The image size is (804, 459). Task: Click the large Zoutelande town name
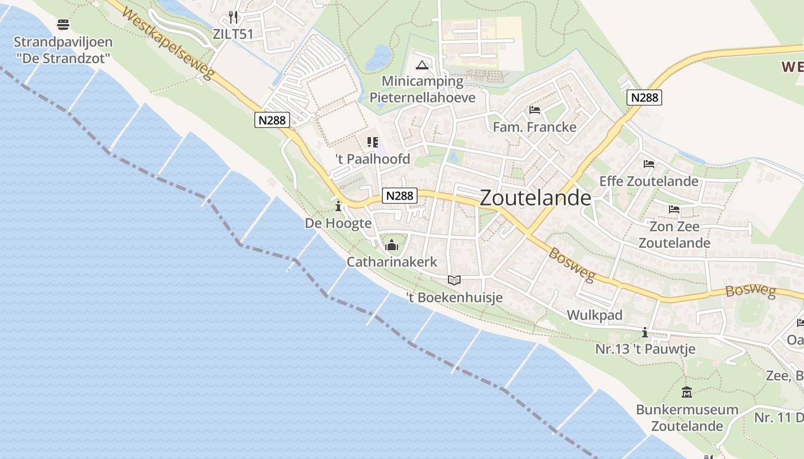tap(535, 198)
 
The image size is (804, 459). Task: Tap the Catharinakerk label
tap(392, 262)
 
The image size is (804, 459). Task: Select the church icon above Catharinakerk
tap(392, 246)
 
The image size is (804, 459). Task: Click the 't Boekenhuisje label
tap(454, 297)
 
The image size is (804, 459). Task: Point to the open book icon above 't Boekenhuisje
tap(454, 280)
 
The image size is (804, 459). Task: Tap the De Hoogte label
tap(338, 223)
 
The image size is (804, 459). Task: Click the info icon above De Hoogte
tap(338, 206)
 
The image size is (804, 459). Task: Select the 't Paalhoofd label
tap(373, 159)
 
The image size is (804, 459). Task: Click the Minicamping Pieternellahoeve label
tap(422, 89)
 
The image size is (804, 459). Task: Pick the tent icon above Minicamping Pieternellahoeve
tap(422, 65)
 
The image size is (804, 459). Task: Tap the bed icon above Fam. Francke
tap(535, 110)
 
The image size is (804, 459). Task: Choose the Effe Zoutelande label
tap(649, 181)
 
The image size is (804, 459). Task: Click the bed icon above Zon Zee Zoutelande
tap(674, 209)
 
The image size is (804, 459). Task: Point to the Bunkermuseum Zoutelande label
tap(687, 418)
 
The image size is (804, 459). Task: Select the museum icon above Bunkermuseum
tap(687, 393)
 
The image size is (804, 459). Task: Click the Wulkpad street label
tap(594, 315)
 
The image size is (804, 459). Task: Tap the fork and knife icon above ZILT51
tap(233, 17)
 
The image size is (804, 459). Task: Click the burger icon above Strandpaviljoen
tap(63, 25)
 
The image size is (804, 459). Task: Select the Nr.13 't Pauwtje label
tap(645, 349)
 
